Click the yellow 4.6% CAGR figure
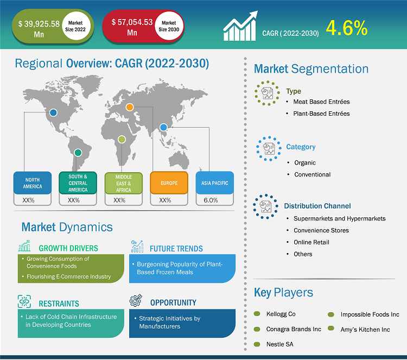pyautogui.click(x=347, y=28)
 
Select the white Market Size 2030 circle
pyautogui.click(x=169, y=26)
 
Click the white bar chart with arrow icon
pyautogui.click(x=240, y=26)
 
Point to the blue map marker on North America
pyautogui.click(x=53, y=112)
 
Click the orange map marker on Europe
pyautogui.click(x=130, y=107)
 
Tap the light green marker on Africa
pyautogui.click(x=122, y=140)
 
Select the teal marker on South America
pyautogui.click(x=78, y=153)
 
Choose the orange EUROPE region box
pyautogui.click(x=169, y=183)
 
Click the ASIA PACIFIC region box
pyautogui.click(x=215, y=183)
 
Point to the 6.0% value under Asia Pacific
pyautogui.click(x=211, y=200)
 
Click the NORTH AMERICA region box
pyautogui.click(x=33, y=183)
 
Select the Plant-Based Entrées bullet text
pyautogui.click(x=321, y=113)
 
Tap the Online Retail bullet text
pyautogui.click(x=311, y=242)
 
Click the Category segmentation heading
pyautogui.click(x=301, y=147)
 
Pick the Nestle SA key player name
pyautogui.click(x=280, y=344)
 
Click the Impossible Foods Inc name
pyautogui.click(x=370, y=314)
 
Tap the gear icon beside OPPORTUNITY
pyautogui.click(x=136, y=300)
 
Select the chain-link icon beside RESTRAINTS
pyautogui.click(x=24, y=301)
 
